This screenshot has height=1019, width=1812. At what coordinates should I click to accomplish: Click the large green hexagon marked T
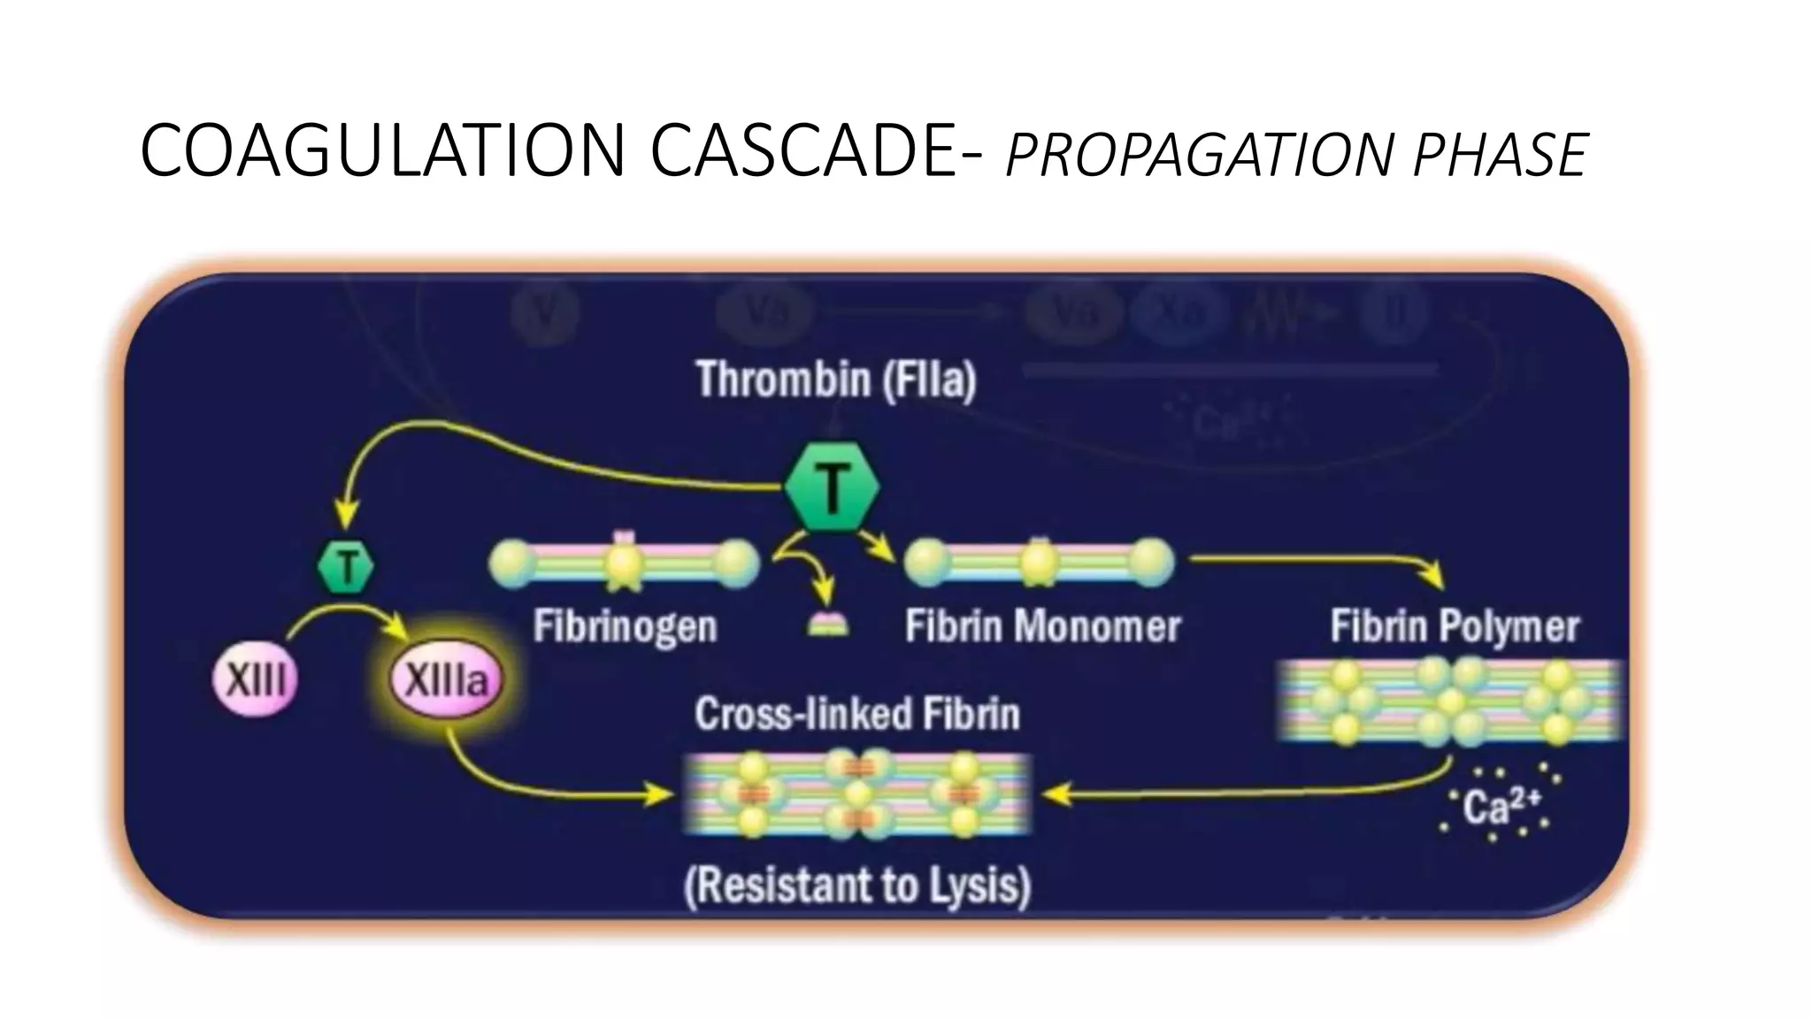832,487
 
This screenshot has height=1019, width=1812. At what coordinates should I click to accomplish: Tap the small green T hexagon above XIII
345,567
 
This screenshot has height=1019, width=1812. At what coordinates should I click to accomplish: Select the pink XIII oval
256,681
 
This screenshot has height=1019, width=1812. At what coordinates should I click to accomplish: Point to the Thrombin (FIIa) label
836,379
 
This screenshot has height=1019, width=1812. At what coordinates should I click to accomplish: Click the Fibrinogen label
625,627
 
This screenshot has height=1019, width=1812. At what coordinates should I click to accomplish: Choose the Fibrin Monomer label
1042,627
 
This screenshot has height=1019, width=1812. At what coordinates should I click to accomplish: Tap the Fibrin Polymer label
1455,627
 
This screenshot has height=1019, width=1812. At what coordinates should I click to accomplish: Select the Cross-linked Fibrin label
856,714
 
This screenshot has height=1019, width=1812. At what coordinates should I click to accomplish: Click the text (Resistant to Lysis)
857,885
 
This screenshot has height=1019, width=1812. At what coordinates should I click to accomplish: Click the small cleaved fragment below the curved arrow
828,626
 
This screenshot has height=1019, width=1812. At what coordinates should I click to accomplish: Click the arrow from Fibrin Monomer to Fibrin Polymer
1318,561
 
